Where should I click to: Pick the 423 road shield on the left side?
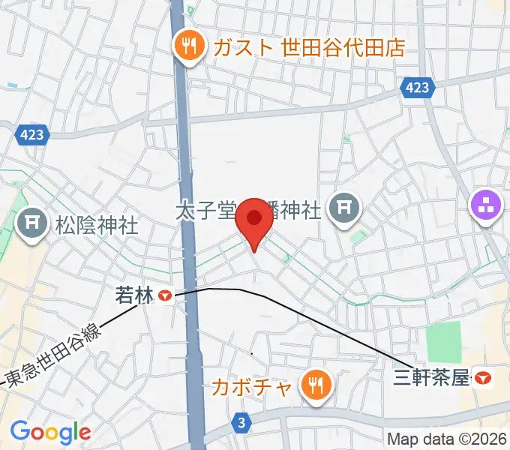point(32,135)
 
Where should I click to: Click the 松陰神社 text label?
point(97,225)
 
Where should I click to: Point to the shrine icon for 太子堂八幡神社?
point(345,208)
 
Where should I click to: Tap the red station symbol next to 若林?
point(164,297)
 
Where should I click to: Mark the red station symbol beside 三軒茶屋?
point(484,379)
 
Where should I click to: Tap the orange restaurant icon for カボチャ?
point(314,386)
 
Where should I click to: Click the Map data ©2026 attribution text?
point(446,439)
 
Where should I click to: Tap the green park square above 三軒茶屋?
point(443,341)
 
